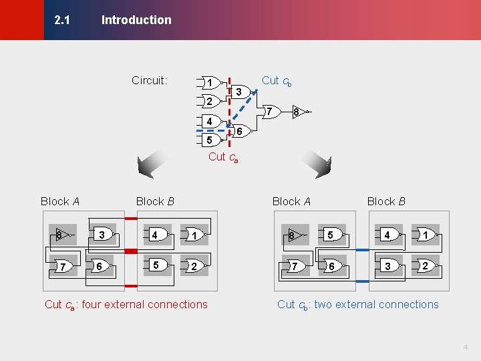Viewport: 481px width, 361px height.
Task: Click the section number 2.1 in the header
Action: click(x=62, y=20)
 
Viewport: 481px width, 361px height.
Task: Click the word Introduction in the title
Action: click(x=136, y=20)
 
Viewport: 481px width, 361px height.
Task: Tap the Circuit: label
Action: click(x=149, y=81)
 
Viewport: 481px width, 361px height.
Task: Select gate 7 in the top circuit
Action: click(x=269, y=112)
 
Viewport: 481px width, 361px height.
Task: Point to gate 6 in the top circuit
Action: click(x=239, y=132)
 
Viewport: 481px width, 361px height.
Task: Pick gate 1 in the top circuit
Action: click(x=210, y=83)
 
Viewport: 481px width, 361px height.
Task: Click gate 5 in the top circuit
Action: click(x=210, y=140)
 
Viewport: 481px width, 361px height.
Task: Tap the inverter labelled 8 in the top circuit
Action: click(x=297, y=112)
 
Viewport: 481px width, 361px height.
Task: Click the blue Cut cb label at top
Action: click(x=277, y=81)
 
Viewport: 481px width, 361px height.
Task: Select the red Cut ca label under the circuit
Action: click(x=224, y=157)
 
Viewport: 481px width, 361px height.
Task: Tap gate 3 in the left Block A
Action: click(x=102, y=235)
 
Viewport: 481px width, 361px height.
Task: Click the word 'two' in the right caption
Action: click(x=323, y=305)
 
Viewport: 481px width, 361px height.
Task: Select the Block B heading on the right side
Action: click(x=386, y=201)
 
